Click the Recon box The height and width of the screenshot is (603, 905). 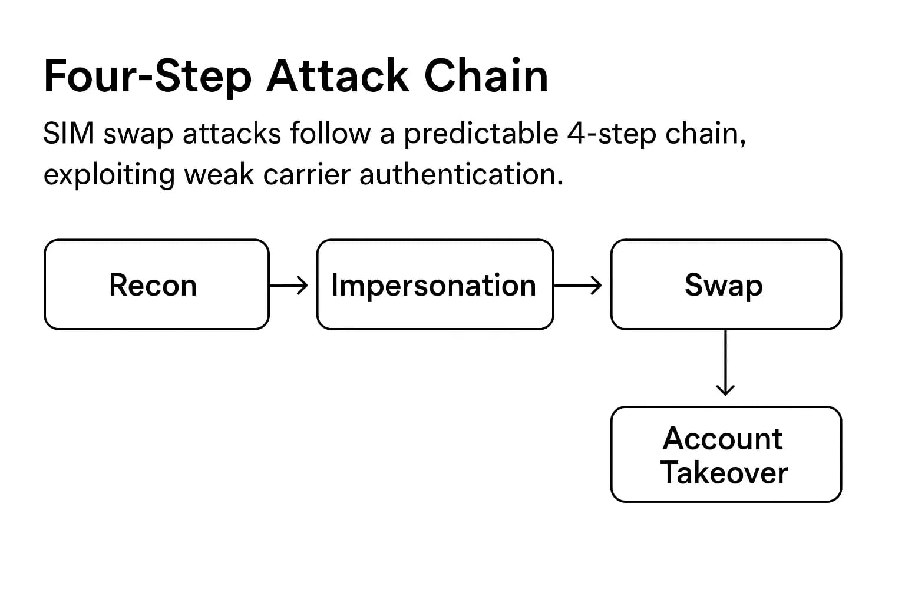point(156,284)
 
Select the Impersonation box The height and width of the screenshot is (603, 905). point(435,284)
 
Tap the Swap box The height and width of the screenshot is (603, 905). point(726,284)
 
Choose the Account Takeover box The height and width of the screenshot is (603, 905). point(726,454)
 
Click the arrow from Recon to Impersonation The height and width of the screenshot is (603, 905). point(289,286)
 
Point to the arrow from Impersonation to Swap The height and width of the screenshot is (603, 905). point(578,286)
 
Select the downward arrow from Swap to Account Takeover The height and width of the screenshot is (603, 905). point(725,363)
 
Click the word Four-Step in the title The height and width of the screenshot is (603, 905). point(147,77)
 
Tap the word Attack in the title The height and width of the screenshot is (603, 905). point(338,77)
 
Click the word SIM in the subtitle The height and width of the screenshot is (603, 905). point(68,134)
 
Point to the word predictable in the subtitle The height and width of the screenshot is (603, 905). point(481,135)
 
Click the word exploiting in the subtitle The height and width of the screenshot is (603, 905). point(109,175)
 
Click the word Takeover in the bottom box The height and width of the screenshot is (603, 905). point(724,473)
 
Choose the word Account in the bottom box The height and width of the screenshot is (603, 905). point(723,439)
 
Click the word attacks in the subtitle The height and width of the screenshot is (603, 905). point(232,134)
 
